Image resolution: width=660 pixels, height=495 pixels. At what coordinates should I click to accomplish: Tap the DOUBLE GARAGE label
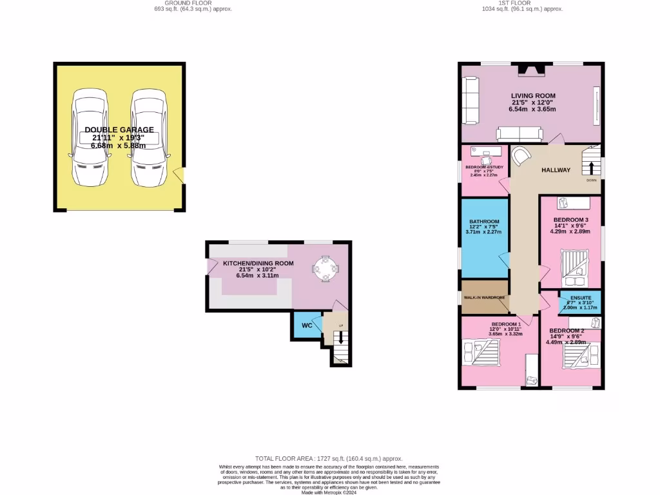click(119, 130)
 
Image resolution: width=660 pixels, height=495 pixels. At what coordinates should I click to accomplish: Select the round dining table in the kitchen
click(325, 268)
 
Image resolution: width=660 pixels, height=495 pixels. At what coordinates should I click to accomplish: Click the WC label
click(307, 325)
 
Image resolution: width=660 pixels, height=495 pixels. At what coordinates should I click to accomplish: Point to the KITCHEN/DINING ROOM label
click(258, 263)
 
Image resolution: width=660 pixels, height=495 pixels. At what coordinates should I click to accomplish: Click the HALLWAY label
click(556, 170)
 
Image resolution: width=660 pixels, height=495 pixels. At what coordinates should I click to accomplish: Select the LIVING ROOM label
click(533, 95)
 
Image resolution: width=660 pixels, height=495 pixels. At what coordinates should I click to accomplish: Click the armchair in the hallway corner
click(521, 157)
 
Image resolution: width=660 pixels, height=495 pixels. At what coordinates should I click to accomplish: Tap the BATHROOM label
click(484, 221)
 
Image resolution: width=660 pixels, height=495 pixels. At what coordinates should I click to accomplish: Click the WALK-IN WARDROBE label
click(485, 298)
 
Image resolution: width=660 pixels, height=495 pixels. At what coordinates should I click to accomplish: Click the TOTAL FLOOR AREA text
click(329, 456)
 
